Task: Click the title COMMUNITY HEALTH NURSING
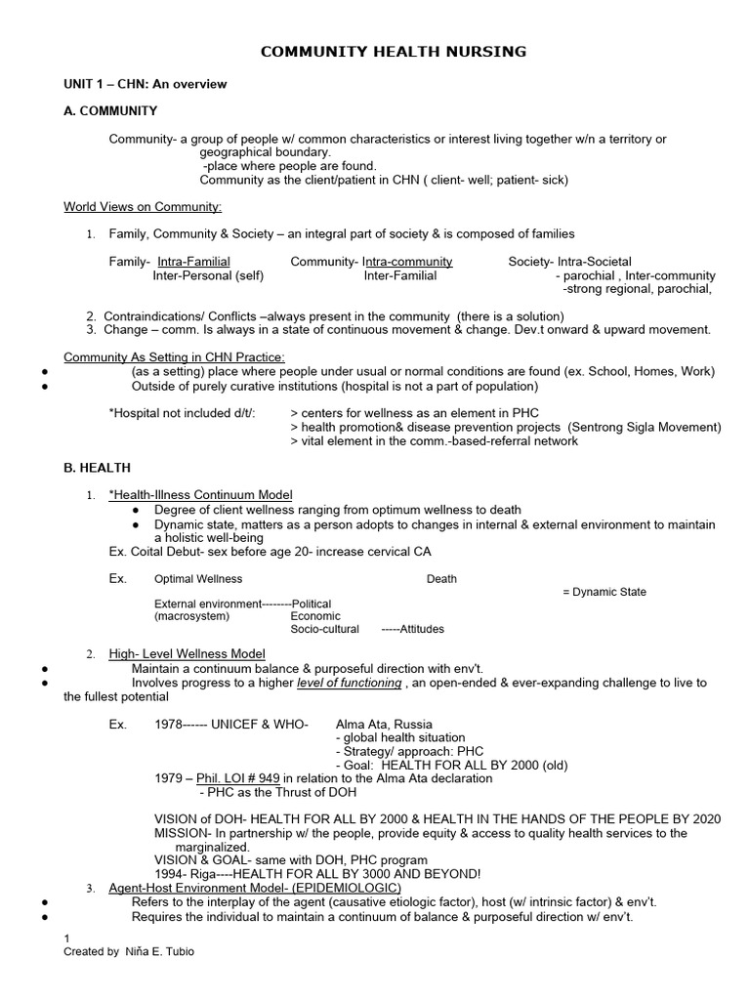[394, 52]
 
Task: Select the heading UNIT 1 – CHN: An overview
[145, 84]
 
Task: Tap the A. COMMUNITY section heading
[110, 111]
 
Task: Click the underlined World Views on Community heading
[143, 206]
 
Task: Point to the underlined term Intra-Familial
[194, 262]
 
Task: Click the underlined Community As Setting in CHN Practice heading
[174, 357]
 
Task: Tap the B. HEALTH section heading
[97, 468]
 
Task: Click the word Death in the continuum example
[441, 579]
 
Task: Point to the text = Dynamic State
[604, 592]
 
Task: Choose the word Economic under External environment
[315, 616]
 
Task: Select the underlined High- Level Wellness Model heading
[187, 653]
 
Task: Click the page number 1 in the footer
[67, 937]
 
